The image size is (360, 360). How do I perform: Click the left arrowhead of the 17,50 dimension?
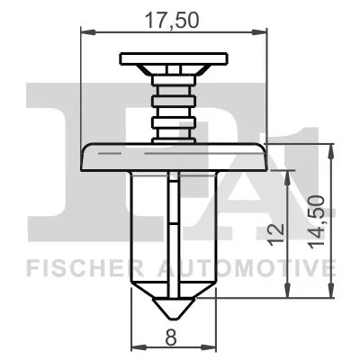(x=86, y=32)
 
